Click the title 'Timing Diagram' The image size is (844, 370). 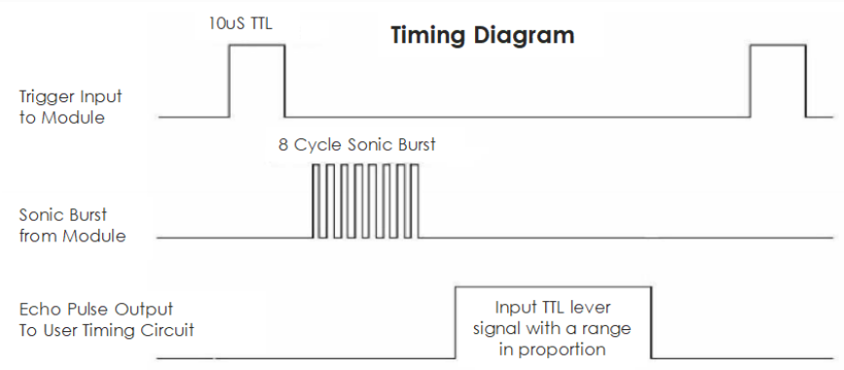coord(482,36)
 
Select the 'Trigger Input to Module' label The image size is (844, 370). coord(70,108)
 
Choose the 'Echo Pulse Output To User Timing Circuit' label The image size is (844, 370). coord(106,319)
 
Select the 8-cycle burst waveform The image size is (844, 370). coord(366,201)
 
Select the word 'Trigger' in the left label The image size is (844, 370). coord(47,98)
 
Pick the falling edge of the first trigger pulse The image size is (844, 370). coord(284,82)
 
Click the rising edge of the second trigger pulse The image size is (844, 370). coord(750,82)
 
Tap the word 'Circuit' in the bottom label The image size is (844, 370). coord(166,330)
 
